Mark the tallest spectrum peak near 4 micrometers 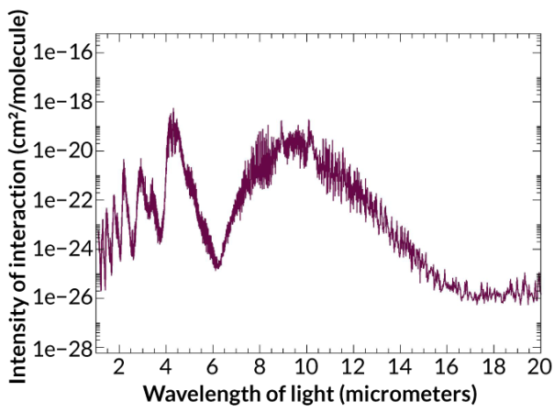tap(172, 109)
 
